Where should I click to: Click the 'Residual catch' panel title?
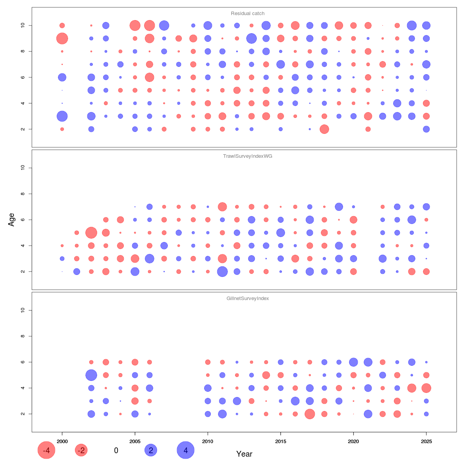pyautogui.click(x=247, y=14)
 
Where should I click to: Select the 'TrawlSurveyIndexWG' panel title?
pyautogui.click(x=247, y=156)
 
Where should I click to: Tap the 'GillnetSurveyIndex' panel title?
pyautogui.click(x=247, y=299)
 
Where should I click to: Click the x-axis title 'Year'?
pyautogui.click(x=244, y=454)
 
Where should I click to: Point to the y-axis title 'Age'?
pyautogui.click(x=12, y=220)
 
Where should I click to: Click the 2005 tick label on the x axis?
pyautogui.click(x=135, y=442)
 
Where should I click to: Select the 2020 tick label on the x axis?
pyautogui.click(x=353, y=442)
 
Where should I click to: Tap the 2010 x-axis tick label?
pyautogui.click(x=208, y=442)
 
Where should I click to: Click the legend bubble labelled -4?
pyautogui.click(x=46, y=450)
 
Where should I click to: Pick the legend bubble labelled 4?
pyautogui.click(x=186, y=450)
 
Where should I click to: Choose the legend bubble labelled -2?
pyautogui.click(x=81, y=450)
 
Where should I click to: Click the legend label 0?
pyautogui.click(x=116, y=450)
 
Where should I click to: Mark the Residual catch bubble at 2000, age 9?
pyautogui.click(x=62, y=38)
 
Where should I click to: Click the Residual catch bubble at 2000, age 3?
pyautogui.click(x=62, y=116)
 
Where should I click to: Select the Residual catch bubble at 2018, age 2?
pyautogui.click(x=324, y=129)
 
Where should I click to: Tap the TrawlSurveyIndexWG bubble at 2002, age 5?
pyautogui.click(x=91, y=233)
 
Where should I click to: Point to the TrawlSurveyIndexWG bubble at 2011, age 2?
pyautogui.click(x=222, y=271)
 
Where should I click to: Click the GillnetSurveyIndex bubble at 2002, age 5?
pyautogui.click(x=91, y=375)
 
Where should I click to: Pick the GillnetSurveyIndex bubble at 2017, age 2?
pyautogui.click(x=310, y=414)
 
